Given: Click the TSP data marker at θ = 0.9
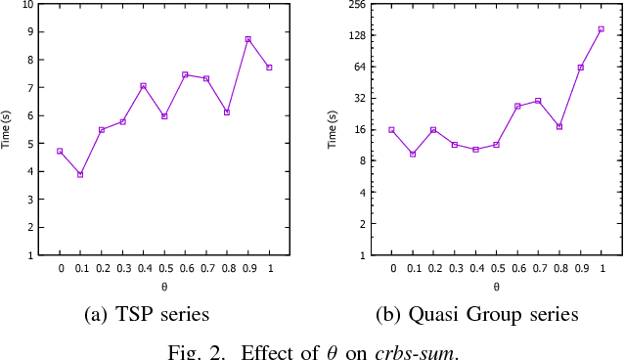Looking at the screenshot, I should click(x=248, y=39).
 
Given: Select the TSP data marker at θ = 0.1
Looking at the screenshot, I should click(x=80, y=174).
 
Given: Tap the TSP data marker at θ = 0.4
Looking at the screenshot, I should click(x=143, y=86).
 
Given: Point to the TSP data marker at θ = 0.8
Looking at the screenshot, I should click(x=227, y=112).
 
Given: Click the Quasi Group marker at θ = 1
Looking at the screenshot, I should click(x=601, y=29).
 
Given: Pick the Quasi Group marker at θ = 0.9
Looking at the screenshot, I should click(x=580, y=67).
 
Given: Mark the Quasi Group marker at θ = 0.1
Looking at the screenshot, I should click(x=413, y=154).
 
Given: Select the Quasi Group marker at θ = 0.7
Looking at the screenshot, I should click(x=538, y=101).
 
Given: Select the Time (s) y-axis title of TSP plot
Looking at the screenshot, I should click(x=7, y=129).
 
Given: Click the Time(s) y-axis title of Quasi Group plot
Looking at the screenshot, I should click(x=333, y=129).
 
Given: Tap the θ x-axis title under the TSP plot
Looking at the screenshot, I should click(x=164, y=288).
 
